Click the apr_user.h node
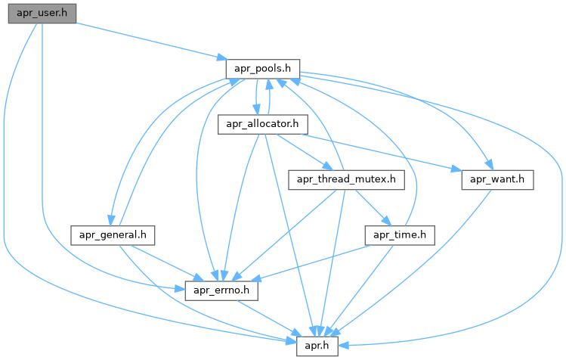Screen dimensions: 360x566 [x=42, y=13]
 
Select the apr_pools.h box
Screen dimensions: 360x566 [x=263, y=67]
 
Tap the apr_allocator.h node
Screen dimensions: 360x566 [x=258, y=124]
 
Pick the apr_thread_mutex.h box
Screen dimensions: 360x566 [x=347, y=180]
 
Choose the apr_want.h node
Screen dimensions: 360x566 [x=497, y=180]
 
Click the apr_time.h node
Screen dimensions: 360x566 [x=400, y=235]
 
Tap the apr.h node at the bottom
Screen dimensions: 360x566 [x=316, y=345]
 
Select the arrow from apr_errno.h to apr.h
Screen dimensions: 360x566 [x=268, y=317]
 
